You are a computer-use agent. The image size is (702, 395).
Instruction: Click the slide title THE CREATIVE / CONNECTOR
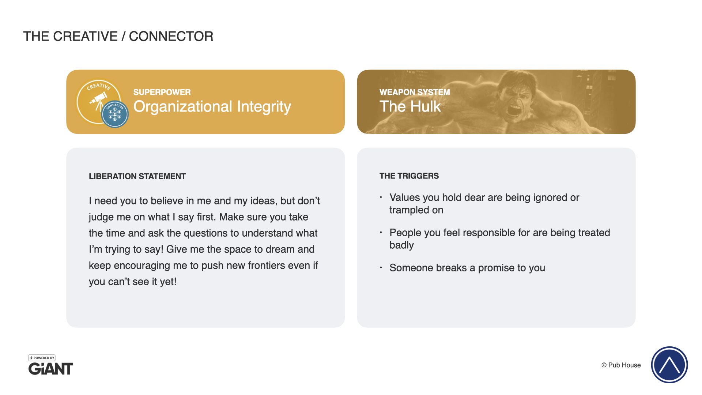(x=118, y=36)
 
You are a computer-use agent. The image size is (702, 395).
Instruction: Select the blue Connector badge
(x=115, y=114)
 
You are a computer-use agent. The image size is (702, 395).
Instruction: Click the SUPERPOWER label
(x=162, y=92)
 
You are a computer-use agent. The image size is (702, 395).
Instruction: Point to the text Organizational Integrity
(x=212, y=106)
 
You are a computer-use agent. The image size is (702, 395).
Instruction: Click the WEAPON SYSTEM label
(x=415, y=92)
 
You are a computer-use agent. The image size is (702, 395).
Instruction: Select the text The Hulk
(x=410, y=106)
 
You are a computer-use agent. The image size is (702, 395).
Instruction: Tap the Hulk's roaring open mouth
(x=515, y=110)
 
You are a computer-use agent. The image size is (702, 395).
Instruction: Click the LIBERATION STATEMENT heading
(x=137, y=176)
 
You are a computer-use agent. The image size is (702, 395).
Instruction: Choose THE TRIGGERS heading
(x=409, y=176)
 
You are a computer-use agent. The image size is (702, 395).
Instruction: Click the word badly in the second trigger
(x=401, y=245)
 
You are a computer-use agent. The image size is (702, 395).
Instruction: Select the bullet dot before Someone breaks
(x=381, y=268)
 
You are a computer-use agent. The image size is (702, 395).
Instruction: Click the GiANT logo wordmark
(x=51, y=369)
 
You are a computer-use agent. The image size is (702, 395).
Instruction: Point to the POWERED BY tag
(x=42, y=358)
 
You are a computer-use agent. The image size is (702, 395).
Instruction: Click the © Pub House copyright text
(x=621, y=365)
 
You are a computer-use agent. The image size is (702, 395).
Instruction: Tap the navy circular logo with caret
(x=669, y=365)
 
